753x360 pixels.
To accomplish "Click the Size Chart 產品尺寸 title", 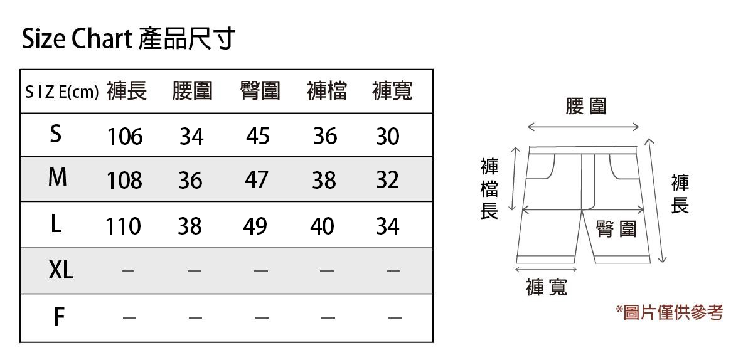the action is (129, 39).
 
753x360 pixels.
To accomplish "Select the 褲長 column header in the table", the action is (127, 92).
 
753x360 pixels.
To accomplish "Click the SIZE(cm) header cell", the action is (61, 93).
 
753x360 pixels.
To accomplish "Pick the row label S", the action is (56, 134).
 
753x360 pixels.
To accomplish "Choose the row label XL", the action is (61, 271).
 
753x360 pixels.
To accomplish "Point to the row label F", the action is (58, 317).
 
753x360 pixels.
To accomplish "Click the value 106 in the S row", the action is (125, 136).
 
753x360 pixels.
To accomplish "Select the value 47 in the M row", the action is (256, 180).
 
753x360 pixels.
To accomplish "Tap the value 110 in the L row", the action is (123, 226).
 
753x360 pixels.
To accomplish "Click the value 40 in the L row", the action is (322, 226).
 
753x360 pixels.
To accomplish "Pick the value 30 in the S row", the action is (387, 136).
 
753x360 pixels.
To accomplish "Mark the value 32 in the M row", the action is (387, 180).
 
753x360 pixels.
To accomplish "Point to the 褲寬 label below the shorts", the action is (547, 288).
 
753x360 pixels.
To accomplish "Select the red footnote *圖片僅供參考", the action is (670, 312).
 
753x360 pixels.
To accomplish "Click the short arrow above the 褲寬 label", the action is (545, 269).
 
